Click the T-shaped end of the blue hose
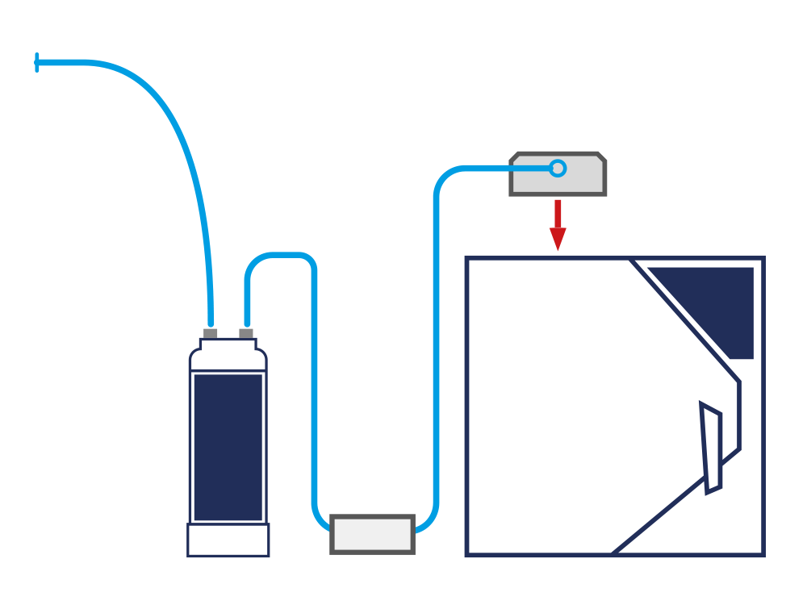point(37,62)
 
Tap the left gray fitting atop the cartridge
point(211,332)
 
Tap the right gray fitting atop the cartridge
point(246,332)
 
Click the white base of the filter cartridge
point(228,540)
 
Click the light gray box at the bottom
point(372,534)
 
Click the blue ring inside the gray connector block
point(557,169)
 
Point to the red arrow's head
point(558,239)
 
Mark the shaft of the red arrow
point(558,213)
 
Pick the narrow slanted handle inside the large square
point(711,448)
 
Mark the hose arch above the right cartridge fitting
point(279,256)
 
